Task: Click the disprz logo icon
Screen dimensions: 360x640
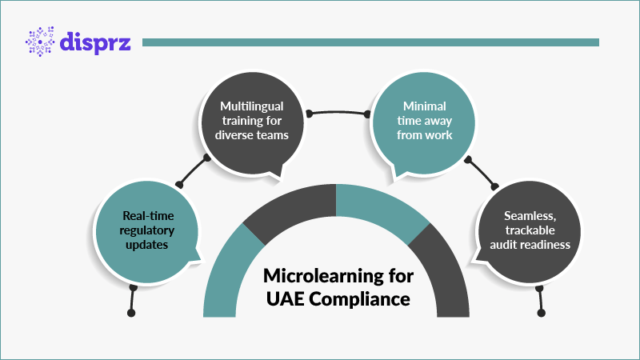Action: (41, 42)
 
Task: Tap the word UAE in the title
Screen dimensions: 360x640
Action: (286, 300)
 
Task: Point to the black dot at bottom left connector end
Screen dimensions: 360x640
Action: (131, 312)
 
